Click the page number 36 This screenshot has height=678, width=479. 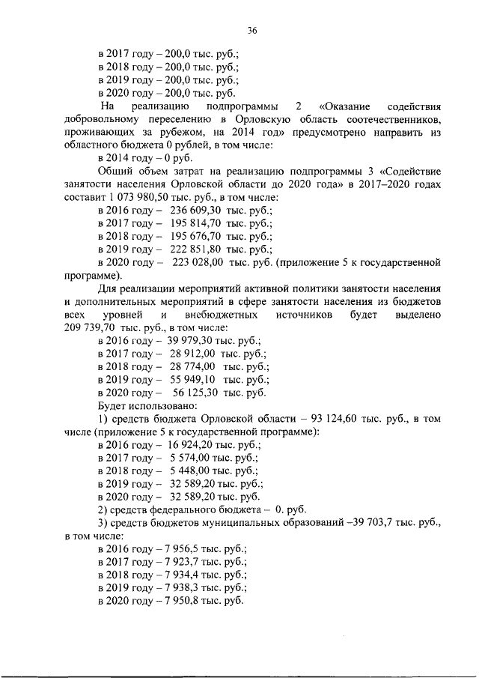tap(252, 31)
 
